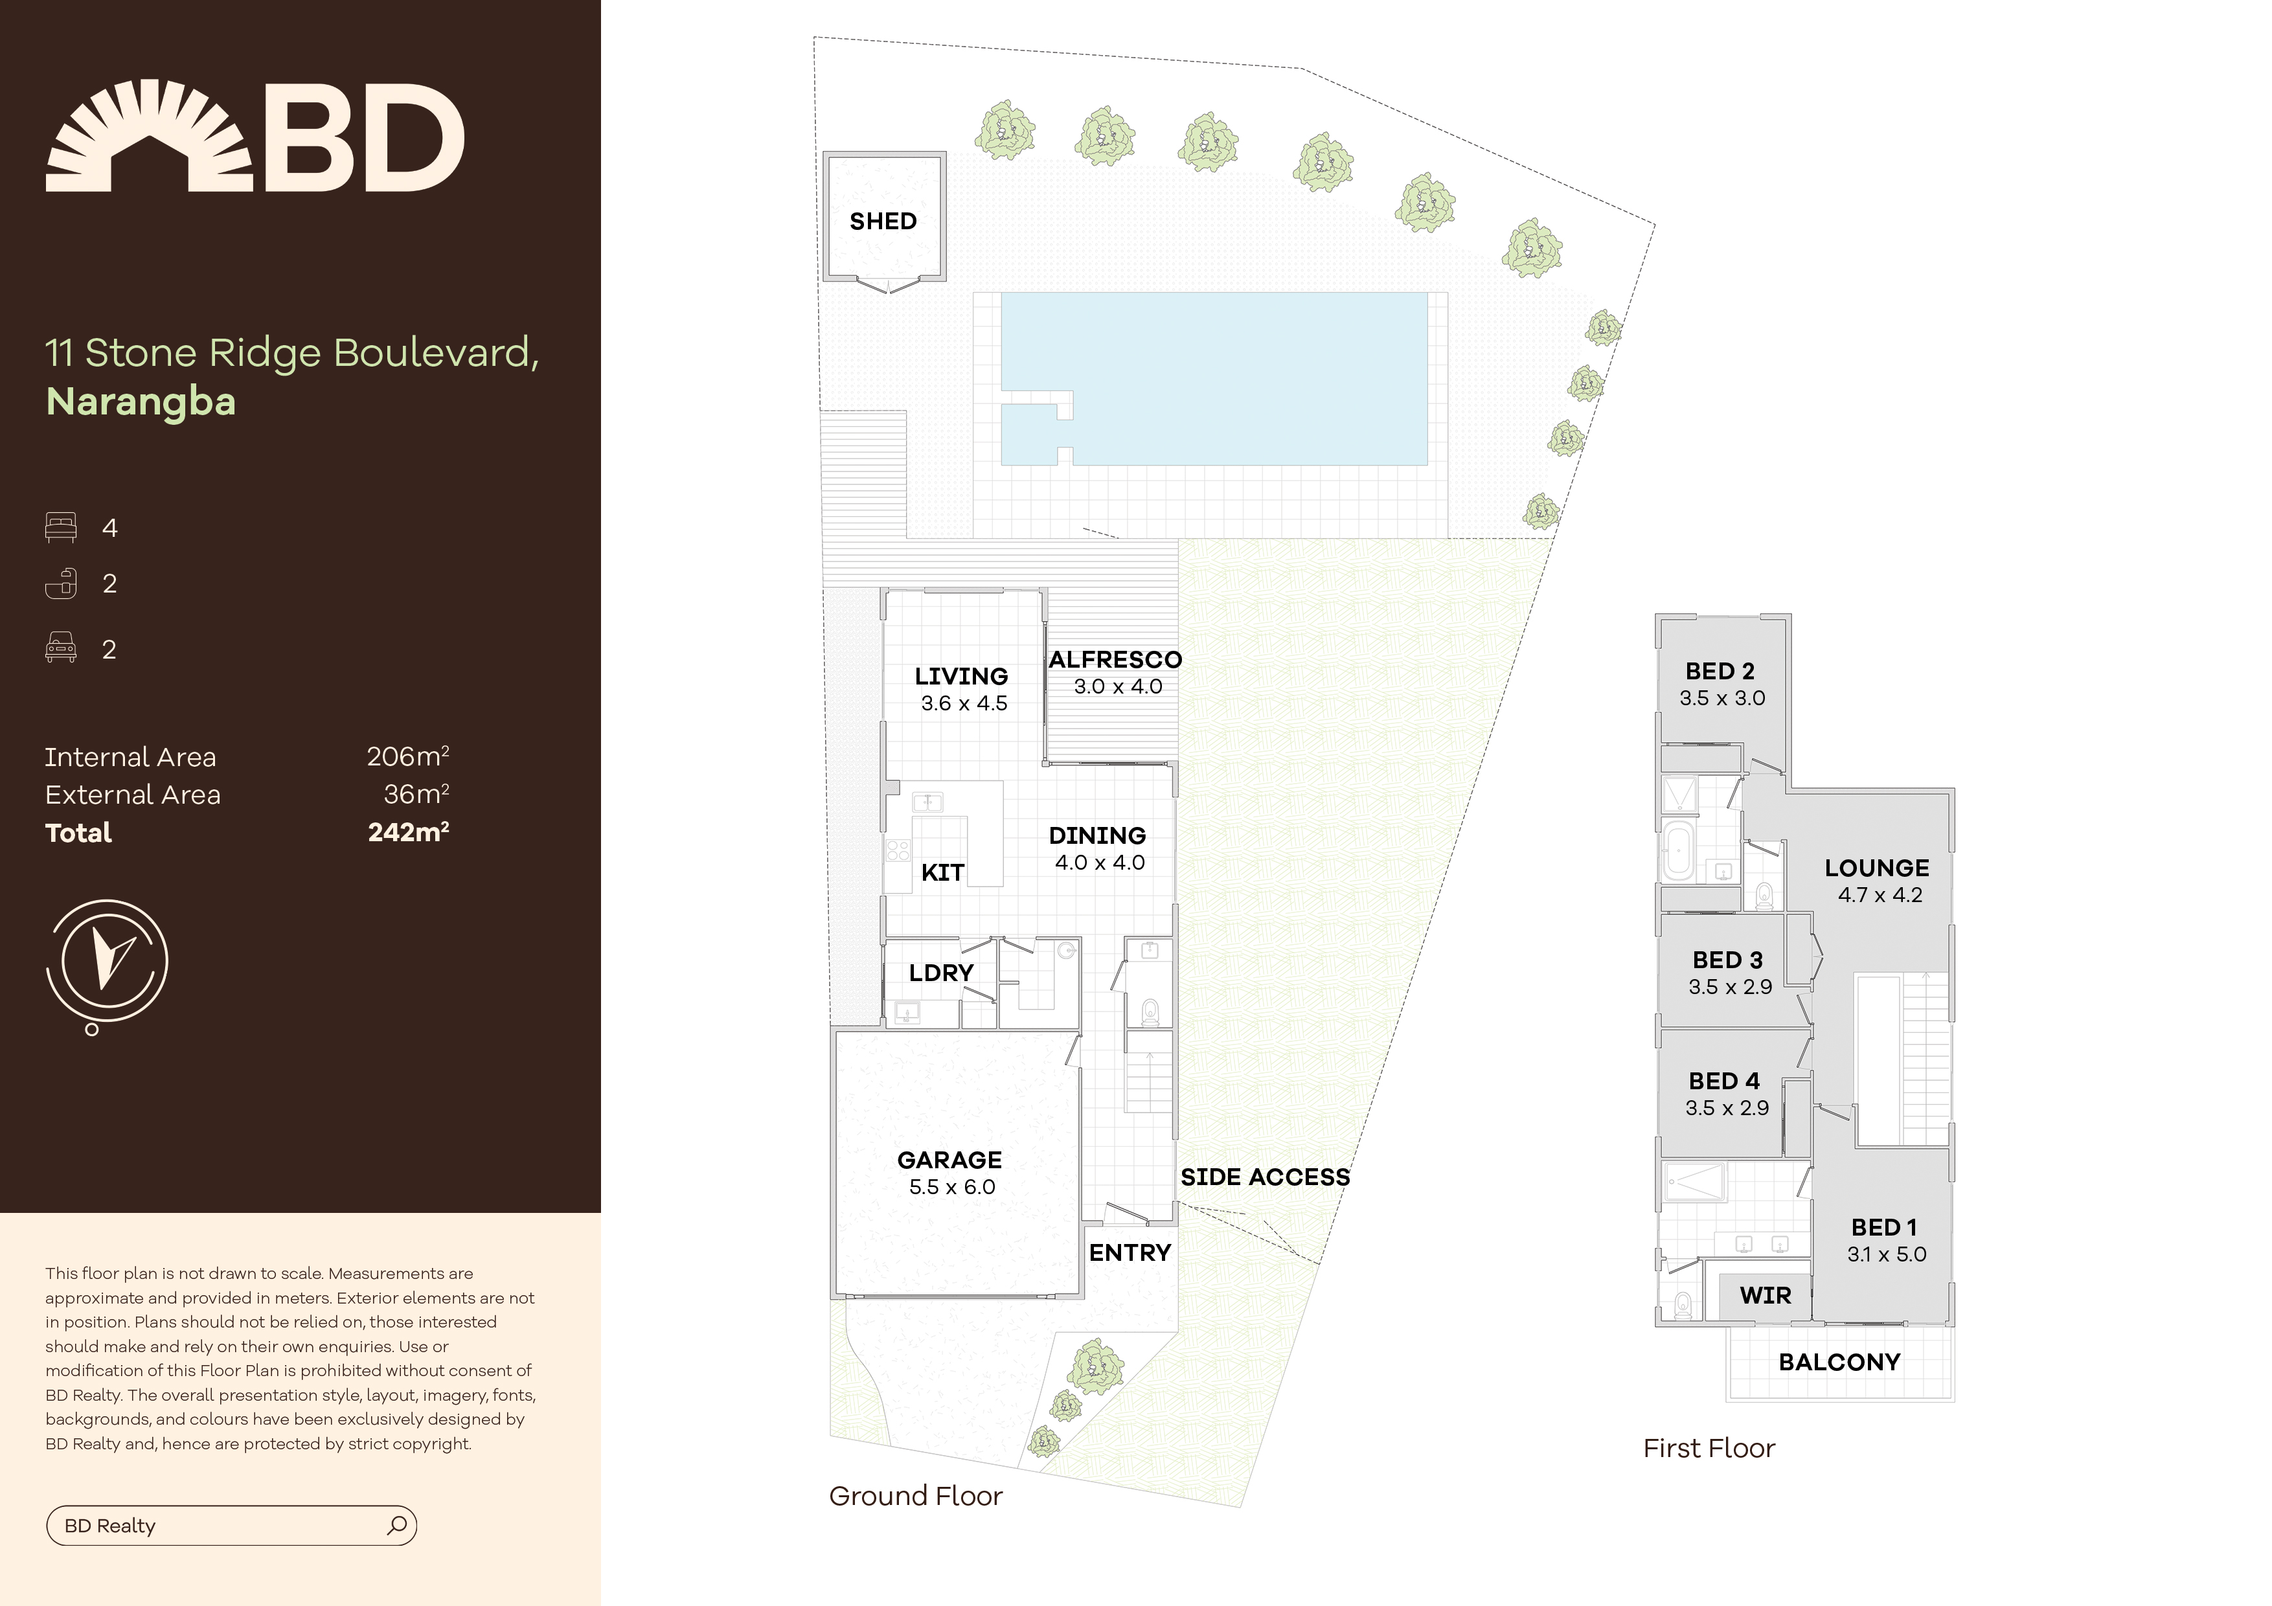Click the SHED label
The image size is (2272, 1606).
883,221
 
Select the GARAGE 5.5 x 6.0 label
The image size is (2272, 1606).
950,1173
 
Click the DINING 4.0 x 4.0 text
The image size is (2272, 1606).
1098,848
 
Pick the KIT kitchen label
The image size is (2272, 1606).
942,872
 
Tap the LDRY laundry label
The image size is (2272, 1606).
941,973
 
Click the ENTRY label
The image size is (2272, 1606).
1129,1252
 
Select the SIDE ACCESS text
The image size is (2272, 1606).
1265,1177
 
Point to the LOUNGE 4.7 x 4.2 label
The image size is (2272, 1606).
1877,881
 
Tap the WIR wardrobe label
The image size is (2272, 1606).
1766,1295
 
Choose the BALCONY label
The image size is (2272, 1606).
1839,1362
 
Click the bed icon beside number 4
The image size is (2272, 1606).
60,527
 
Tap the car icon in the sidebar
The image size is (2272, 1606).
60,648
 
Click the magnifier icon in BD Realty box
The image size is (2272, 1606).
397,1525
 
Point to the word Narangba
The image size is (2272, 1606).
141,401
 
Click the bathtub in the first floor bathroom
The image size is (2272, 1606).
1678,849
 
